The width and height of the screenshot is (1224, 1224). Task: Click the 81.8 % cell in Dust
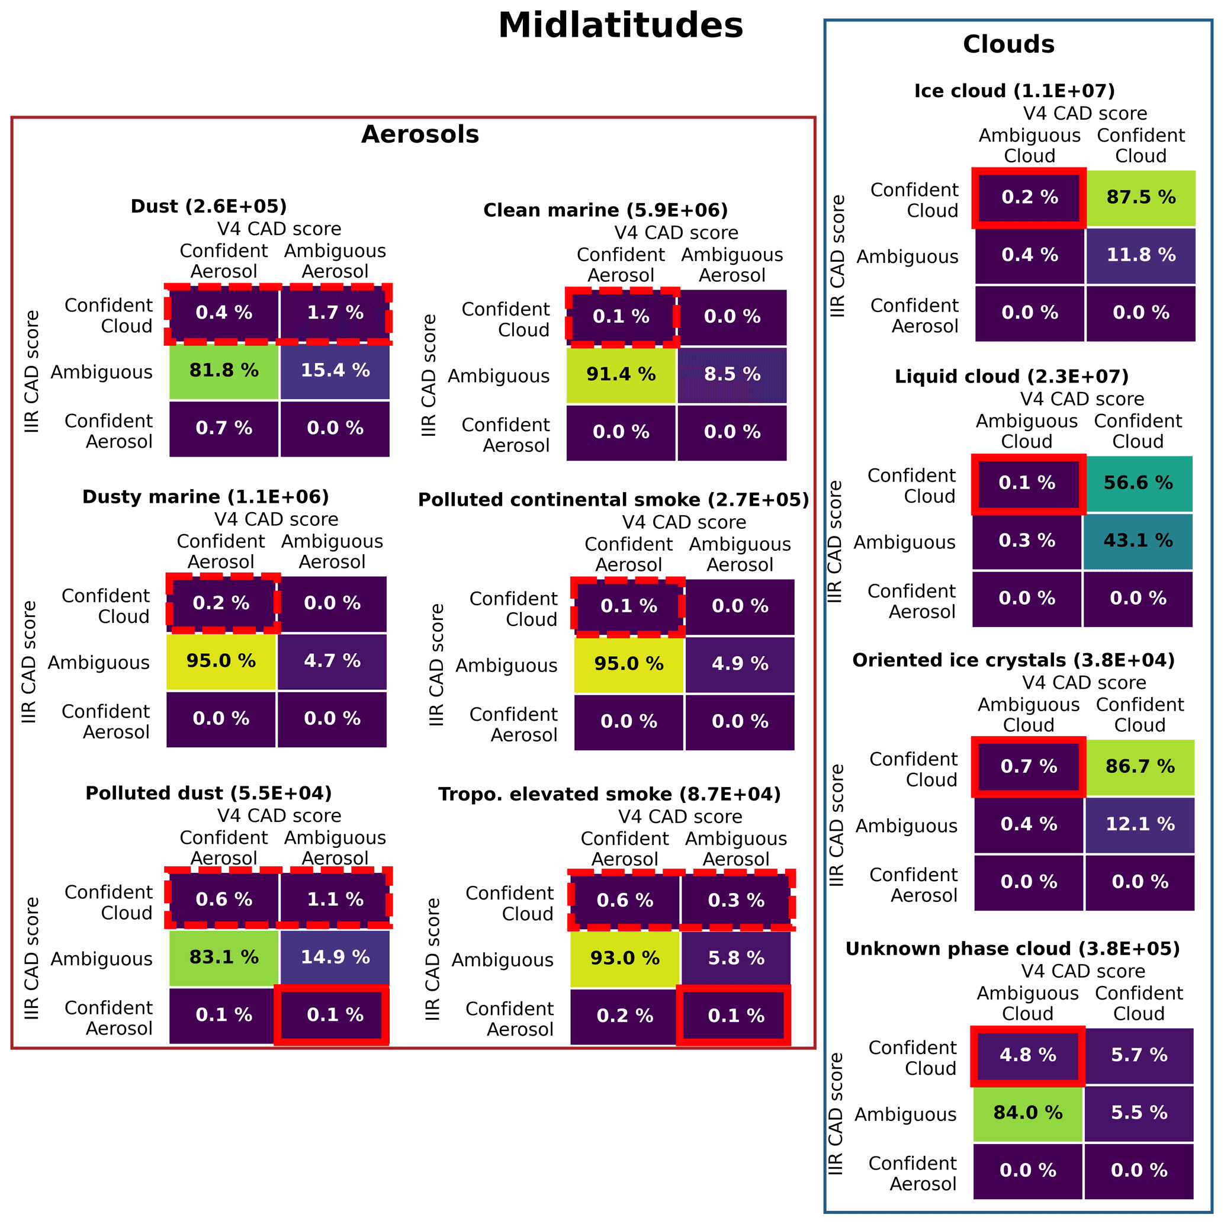tap(224, 371)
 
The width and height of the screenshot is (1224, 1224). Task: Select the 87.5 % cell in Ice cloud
tap(1141, 198)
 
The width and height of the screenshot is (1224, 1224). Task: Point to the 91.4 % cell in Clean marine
tap(621, 374)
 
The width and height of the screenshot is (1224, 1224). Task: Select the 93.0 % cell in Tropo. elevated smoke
tap(625, 959)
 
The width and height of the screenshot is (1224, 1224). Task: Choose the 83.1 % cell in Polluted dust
tap(224, 958)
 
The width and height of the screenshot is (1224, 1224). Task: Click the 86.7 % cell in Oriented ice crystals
tap(1140, 767)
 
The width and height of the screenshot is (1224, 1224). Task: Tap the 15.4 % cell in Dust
tap(335, 371)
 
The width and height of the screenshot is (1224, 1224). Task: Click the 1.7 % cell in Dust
tap(335, 313)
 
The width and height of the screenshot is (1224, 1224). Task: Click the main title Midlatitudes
tap(620, 26)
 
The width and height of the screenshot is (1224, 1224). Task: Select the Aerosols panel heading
tap(420, 135)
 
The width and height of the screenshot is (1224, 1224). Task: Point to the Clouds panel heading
tap(1008, 44)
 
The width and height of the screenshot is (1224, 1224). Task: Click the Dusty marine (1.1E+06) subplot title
tap(206, 497)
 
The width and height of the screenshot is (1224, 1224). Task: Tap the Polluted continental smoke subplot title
tap(613, 500)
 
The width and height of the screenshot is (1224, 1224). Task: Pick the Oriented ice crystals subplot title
tap(1013, 660)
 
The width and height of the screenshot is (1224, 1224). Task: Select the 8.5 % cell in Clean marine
tap(733, 374)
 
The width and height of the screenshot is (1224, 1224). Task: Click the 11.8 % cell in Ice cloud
tap(1141, 255)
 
